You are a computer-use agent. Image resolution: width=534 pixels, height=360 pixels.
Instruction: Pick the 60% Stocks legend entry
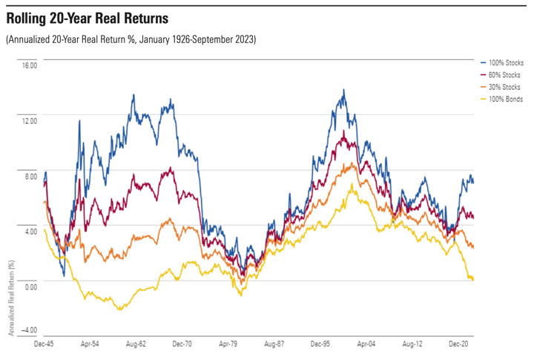pos(504,76)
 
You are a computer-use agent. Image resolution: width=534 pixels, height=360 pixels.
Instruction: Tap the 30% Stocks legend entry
pos(504,88)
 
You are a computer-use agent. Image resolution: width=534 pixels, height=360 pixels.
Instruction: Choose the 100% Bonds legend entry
pos(504,99)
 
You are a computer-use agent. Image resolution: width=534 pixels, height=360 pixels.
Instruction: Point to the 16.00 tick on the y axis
pos(29,65)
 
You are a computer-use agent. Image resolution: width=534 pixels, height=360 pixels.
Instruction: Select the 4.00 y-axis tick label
pos(30,232)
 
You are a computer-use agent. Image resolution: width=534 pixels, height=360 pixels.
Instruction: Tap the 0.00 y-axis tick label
pos(30,287)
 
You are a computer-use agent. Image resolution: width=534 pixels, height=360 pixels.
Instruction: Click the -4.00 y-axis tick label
pos(29,330)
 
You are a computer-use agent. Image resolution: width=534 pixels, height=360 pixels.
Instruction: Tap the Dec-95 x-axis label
pos(320,345)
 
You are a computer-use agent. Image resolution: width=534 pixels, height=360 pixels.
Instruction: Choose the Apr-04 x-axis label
pos(366,345)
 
